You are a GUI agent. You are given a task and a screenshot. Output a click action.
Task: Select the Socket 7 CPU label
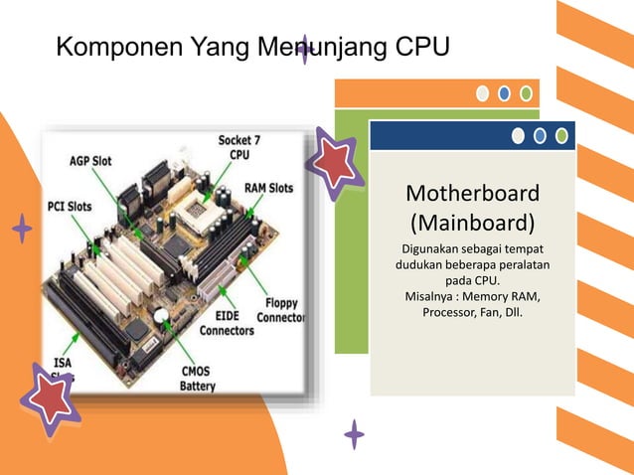pos(239,148)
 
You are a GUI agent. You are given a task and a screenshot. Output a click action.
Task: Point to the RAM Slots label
pos(269,188)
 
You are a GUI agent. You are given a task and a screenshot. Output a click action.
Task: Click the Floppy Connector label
pos(281,310)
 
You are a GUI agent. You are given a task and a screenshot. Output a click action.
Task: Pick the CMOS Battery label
pos(199,379)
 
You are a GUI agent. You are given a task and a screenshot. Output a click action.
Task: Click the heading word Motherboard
pos(473,192)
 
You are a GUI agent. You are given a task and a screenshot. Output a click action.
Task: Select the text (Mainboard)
pos(473,220)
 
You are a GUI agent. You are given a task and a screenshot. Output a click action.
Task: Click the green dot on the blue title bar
pos(561,136)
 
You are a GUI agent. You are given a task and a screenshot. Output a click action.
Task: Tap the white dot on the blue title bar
pos(518,136)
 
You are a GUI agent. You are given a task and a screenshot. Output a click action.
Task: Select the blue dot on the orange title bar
pos(504,94)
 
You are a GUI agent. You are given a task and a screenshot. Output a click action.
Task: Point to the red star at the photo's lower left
pos(49,397)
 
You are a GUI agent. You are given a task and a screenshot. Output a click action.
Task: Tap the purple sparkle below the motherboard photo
pos(354,433)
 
